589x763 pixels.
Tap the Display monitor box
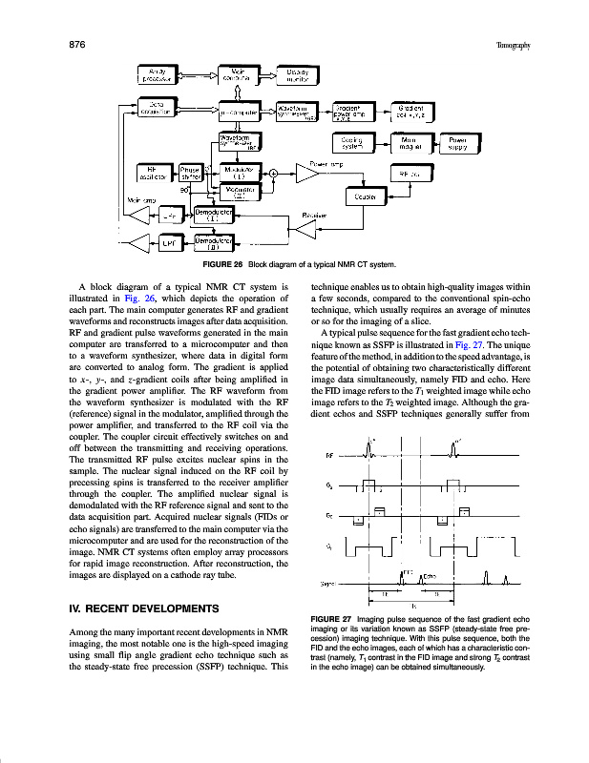point(301,75)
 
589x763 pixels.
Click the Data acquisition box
point(161,110)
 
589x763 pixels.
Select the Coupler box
point(365,196)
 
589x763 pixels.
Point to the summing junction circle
point(273,173)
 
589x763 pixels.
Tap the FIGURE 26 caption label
point(221,263)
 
